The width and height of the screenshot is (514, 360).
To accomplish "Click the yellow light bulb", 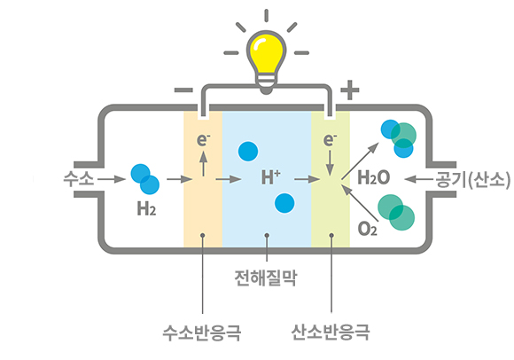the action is click(x=266, y=62).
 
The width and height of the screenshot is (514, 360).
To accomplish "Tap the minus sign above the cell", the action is click(x=183, y=90).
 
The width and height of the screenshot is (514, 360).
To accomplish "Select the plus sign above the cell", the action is click(x=350, y=90).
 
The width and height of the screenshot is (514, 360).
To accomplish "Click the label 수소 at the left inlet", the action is click(x=79, y=179).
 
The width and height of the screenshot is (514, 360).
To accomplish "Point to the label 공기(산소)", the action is click(x=472, y=180).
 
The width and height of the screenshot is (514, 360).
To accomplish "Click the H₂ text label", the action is click(x=146, y=208).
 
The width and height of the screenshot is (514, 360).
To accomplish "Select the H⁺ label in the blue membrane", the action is click(x=271, y=177).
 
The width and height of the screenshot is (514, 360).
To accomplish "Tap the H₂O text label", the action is click(x=374, y=177).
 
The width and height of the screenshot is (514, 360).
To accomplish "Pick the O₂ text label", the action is click(x=368, y=229).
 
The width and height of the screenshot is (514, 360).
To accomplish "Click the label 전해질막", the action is click(x=266, y=278).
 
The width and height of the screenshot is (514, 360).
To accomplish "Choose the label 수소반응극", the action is click(x=202, y=333).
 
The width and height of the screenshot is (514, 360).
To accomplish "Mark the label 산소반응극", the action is click(x=331, y=333).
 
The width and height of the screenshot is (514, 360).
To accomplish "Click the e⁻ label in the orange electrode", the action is click(x=203, y=140).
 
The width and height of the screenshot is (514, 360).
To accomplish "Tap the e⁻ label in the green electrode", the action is click(x=330, y=140).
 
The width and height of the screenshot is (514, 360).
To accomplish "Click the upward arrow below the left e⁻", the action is click(x=204, y=164).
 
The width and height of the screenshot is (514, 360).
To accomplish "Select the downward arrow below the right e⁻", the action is click(x=330, y=163).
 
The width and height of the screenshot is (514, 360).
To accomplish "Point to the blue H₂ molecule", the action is click(x=144, y=179).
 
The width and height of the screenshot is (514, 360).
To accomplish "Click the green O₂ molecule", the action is click(x=396, y=212).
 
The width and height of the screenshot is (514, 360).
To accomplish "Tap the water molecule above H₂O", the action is click(x=399, y=138).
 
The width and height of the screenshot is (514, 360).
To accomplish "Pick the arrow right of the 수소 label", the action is click(x=112, y=179).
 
